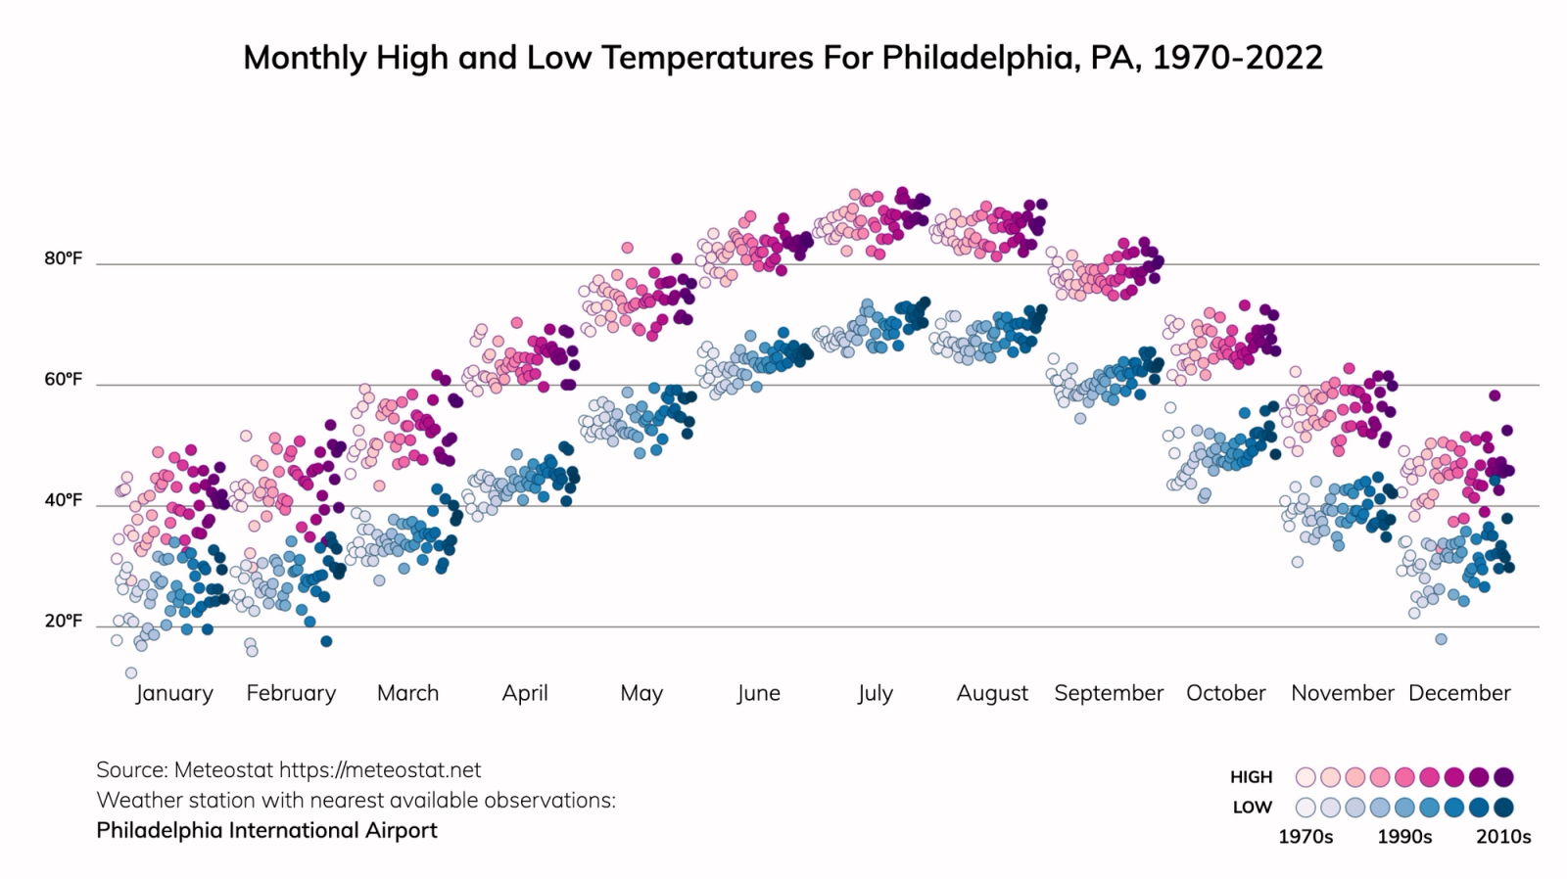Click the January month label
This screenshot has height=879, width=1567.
(174, 693)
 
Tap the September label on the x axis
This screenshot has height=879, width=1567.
(1109, 693)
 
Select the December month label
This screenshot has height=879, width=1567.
(1459, 693)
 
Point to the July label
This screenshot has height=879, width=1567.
(875, 693)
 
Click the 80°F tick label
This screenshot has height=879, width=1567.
(64, 259)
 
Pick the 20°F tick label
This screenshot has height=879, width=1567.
(64, 622)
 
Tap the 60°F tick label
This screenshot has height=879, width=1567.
(64, 380)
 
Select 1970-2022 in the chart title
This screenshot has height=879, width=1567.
(1237, 58)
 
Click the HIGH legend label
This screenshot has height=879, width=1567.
(1252, 777)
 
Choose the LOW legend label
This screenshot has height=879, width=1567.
(1253, 808)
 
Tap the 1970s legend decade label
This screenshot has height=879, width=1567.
(1306, 837)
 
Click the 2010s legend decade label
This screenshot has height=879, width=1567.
(1503, 837)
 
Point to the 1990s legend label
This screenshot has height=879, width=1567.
(1404, 837)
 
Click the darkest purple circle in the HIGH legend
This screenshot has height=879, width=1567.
(1504, 777)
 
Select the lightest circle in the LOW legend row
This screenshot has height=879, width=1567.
(1306, 808)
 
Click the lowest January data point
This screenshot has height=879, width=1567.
(130, 672)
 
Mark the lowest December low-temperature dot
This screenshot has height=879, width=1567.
(1441, 639)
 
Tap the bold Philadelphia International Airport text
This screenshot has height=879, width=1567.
(266, 830)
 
